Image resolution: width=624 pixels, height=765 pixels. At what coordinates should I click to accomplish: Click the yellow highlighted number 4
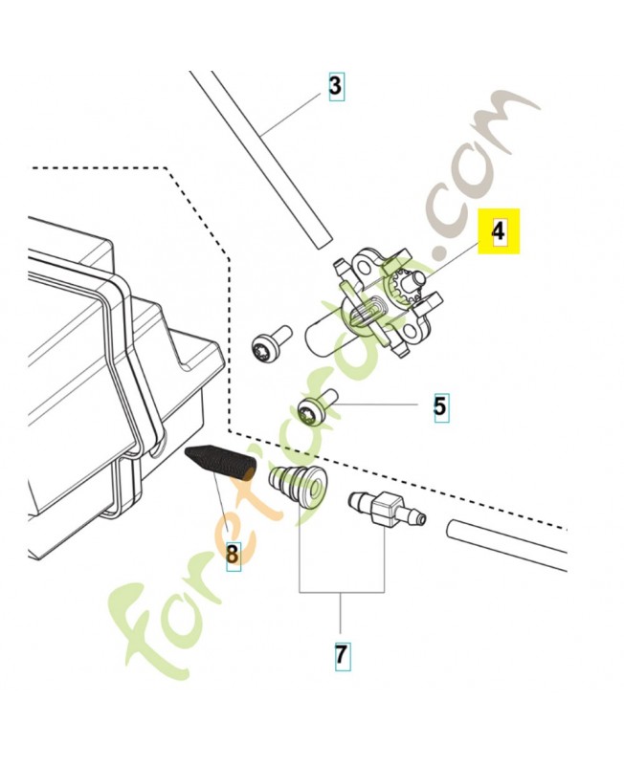[499, 231]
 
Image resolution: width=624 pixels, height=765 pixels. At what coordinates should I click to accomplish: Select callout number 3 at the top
[334, 87]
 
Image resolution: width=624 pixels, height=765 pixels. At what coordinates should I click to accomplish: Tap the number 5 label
[439, 405]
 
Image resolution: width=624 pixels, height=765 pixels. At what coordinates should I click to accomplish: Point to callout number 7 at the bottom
[341, 656]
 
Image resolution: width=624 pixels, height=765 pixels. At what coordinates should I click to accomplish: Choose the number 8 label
[233, 552]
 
